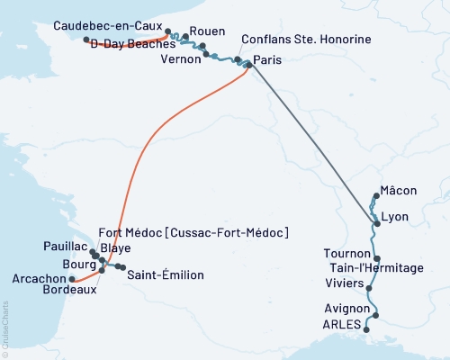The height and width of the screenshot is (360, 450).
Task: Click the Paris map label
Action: tap(267, 60)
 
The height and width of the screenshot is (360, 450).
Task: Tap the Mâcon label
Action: tap(399, 190)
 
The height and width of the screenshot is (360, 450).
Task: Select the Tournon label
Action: tap(346, 255)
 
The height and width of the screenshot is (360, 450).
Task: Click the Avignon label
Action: tap(346, 310)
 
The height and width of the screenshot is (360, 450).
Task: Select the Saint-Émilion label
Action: tap(165, 274)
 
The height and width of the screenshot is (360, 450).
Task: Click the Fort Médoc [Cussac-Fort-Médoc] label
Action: tap(193, 233)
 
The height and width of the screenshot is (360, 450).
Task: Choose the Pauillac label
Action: tap(65, 246)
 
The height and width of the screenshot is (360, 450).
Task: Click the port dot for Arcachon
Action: tap(72, 279)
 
